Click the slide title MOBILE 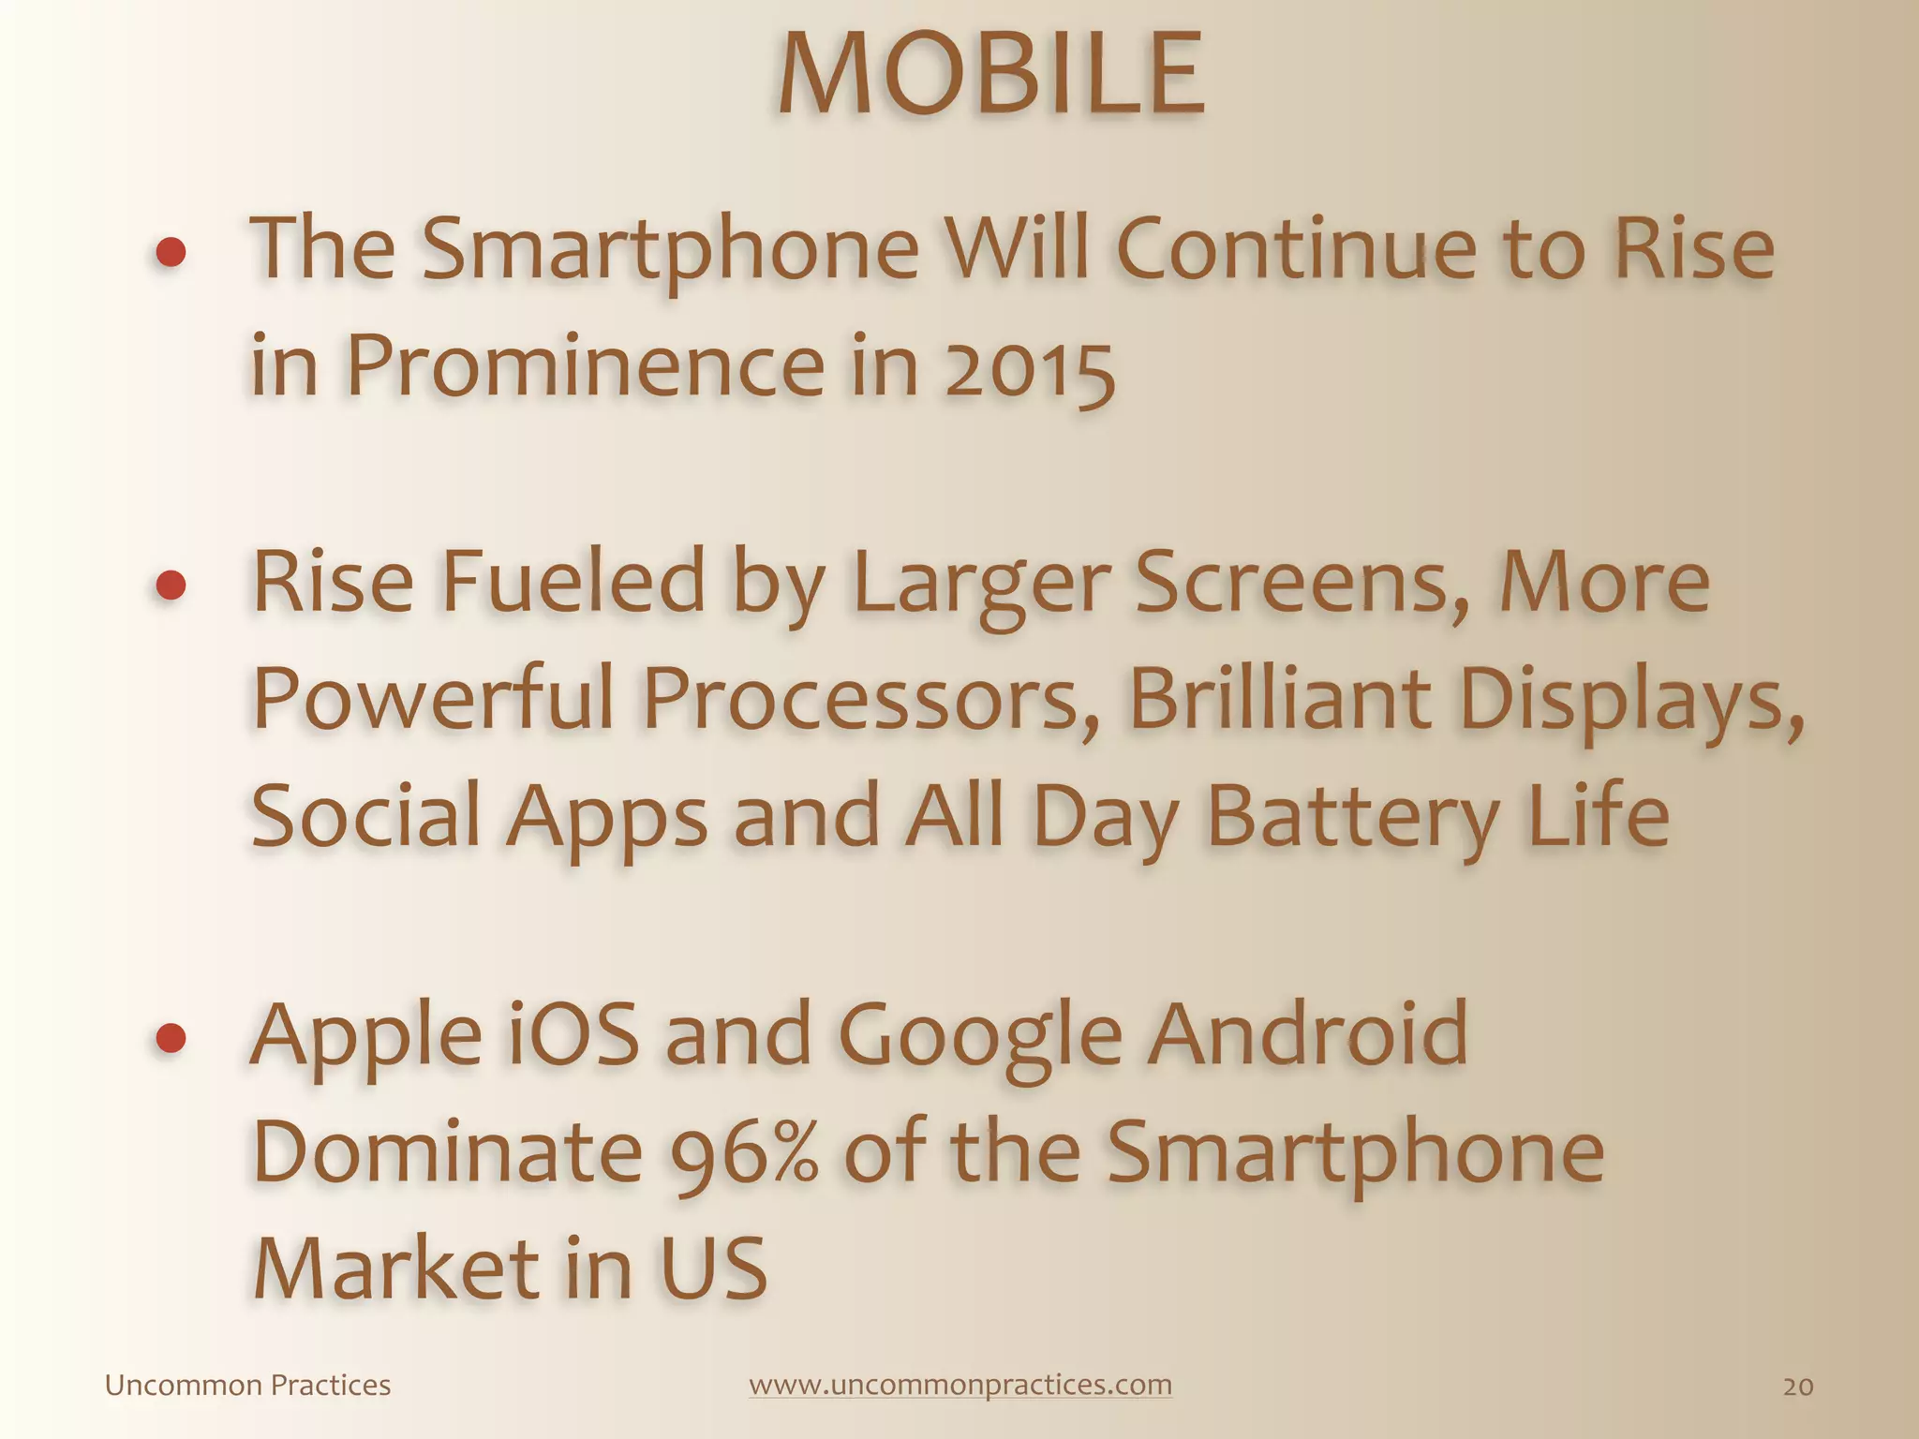(x=991, y=75)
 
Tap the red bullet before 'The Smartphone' (x=171, y=252)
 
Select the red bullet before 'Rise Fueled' (x=171, y=586)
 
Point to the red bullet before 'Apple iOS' (x=171, y=1038)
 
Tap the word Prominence (x=586, y=365)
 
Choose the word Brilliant (x=1280, y=699)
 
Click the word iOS (x=572, y=1035)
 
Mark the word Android (x=1308, y=1035)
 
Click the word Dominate (x=448, y=1152)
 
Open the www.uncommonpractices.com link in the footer (x=960, y=1385)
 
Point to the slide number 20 (x=1797, y=1387)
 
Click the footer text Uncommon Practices (x=247, y=1385)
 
